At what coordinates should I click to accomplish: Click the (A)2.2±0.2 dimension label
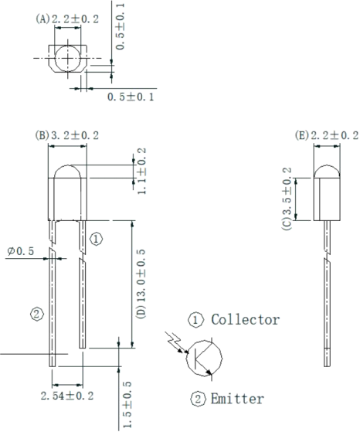67,19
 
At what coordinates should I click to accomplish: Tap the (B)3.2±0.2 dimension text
67,135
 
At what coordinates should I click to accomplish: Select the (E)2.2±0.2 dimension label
327,135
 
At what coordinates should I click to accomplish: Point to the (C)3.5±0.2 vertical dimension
287,199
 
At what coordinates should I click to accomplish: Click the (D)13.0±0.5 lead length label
141,284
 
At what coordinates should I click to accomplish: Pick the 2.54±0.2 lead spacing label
67,396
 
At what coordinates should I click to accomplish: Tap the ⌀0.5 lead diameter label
21,251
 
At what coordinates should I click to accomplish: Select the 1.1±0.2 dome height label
141,171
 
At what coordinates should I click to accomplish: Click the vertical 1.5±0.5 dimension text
127,405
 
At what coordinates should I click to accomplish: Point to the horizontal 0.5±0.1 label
131,97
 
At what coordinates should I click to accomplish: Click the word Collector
246,320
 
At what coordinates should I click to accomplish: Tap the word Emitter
237,399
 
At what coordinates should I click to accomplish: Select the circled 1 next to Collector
196,320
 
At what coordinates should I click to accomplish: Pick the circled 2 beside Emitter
198,399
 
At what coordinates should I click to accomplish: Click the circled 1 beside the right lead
96,239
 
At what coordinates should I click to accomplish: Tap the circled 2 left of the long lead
37,314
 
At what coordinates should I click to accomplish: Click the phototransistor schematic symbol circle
187,358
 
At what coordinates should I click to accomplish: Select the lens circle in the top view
55,58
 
